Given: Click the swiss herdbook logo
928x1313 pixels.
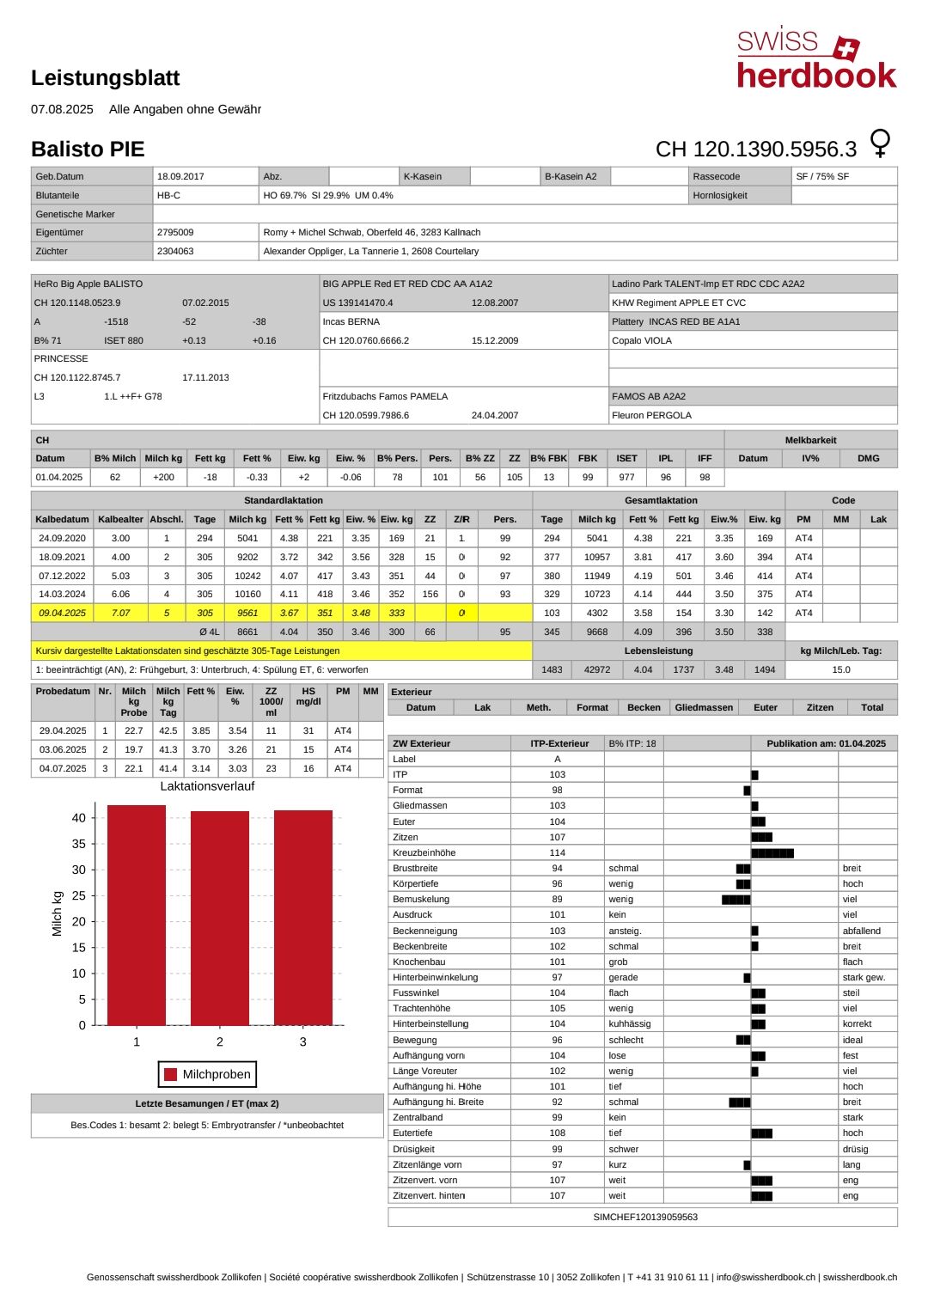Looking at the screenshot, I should (815, 58).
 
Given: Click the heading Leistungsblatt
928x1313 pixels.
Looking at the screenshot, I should (105, 78).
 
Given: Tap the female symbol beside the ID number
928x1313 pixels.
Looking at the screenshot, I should (880, 143).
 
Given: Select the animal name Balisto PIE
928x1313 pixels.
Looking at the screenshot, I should (88, 150).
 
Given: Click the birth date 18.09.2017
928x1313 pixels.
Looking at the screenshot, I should (180, 176).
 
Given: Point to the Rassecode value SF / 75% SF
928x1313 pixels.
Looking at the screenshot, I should (822, 176).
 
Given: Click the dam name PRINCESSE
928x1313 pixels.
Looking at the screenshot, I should (61, 358).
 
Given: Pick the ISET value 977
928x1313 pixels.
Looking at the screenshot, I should (626, 477).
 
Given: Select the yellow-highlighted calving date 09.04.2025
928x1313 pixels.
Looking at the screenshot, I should (62, 613).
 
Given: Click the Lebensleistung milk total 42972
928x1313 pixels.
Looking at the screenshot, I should (596, 669).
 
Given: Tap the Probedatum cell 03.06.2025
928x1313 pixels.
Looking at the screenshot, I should (63, 749).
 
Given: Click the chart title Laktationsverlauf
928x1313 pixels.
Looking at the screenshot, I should (207, 786).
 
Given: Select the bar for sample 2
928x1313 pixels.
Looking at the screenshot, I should (220, 918).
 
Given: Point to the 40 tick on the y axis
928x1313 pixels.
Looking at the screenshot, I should (79, 818).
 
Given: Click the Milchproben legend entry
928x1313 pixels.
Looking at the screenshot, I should (207, 1074).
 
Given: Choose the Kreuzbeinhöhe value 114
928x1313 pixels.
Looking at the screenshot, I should (558, 852).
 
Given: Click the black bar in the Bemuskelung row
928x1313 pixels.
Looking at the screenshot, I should (736, 900).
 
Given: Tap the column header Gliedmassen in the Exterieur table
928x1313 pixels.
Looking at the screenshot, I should (704, 707).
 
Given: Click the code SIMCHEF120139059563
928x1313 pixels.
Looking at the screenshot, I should (645, 1217).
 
